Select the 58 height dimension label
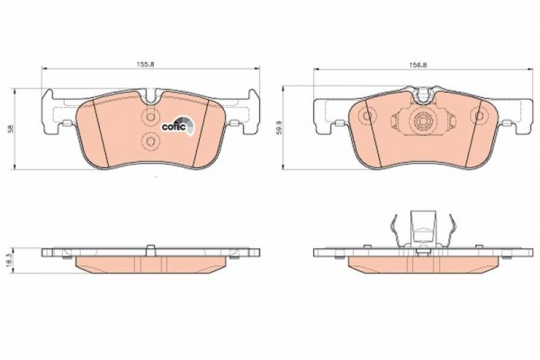click(12, 130)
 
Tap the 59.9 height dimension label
click(280, 127)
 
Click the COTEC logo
click(179, 125)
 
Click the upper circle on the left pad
click(150, 117)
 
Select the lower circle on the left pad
click(150, 141)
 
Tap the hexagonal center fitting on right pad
click(423, 121)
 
